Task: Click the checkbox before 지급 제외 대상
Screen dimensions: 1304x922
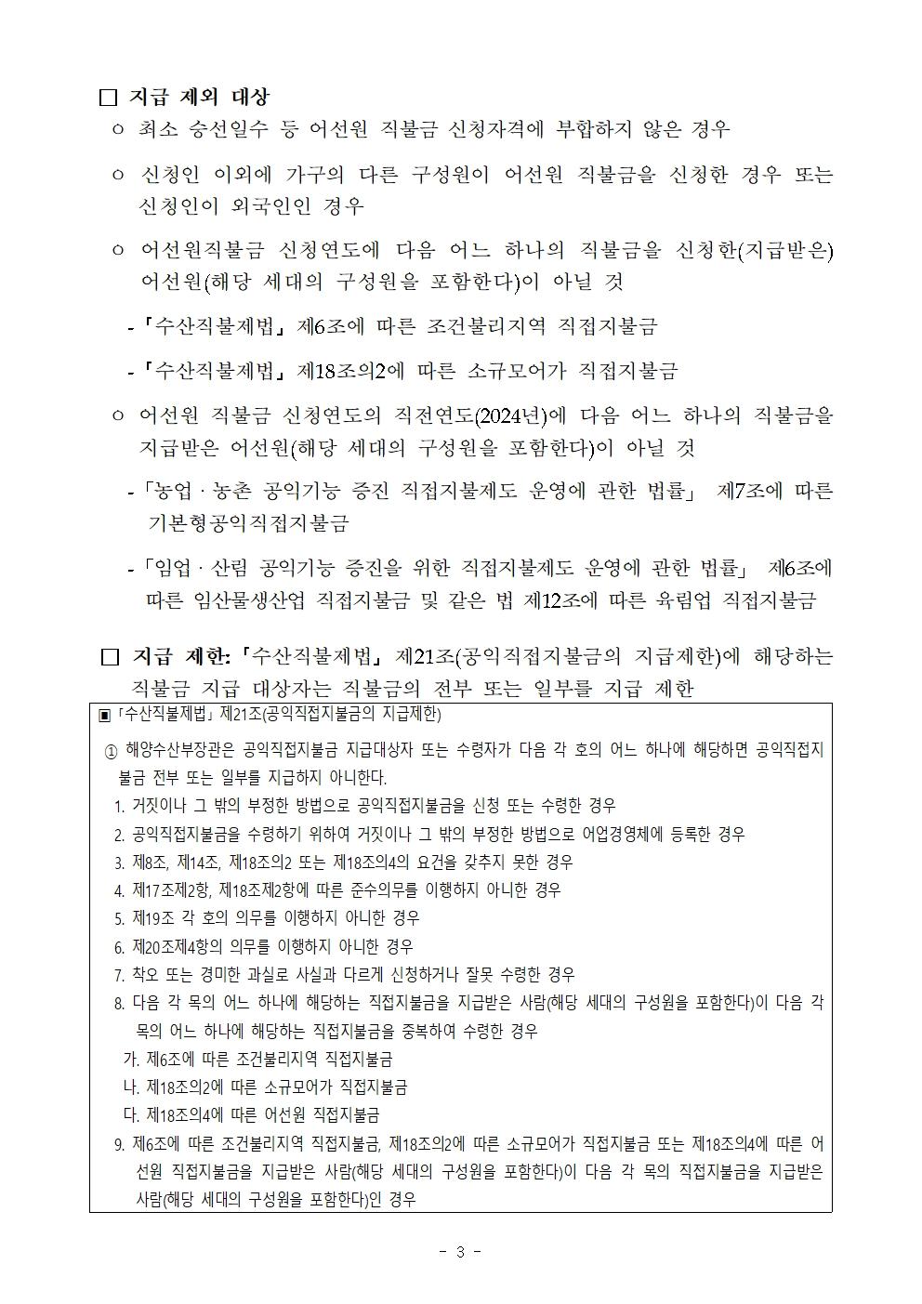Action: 109,97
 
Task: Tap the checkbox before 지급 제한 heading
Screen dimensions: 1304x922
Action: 110,657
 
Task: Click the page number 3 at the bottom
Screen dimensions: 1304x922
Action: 459,1251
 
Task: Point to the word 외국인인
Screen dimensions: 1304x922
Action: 279,205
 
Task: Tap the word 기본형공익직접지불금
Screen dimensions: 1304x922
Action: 248,523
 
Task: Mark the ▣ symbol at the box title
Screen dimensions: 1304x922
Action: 105,715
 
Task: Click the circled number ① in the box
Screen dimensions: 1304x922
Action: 111,750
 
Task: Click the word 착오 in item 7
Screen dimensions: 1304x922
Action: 149,974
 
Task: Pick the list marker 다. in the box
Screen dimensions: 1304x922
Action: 131,1114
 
